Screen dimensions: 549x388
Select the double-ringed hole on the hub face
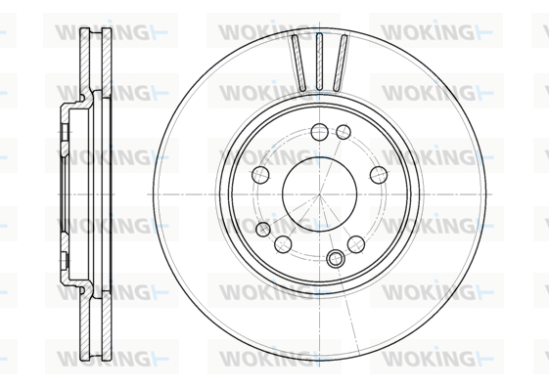(x=336, y=259)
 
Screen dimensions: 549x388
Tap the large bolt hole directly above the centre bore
(x=319, y=132)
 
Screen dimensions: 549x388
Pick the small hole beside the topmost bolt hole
(x=343, y=132)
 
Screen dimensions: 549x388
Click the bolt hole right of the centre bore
(x=379, y=175)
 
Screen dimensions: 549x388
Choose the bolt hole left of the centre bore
(x=260, y=175)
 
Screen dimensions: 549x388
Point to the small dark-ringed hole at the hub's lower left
(x=263, y=230)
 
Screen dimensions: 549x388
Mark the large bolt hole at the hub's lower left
(x=283, y=244)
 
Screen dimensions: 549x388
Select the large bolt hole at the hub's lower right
(x=356, y=244)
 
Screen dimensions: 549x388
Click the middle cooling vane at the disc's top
(x=319, y=62)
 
